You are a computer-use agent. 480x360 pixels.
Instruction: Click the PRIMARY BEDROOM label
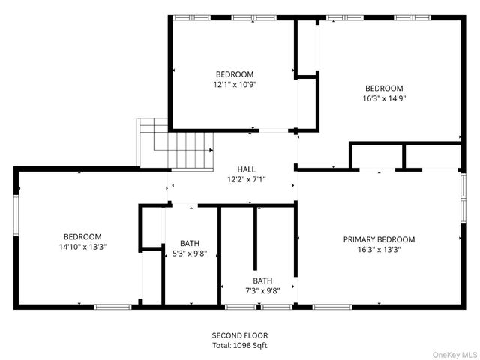point(379,239)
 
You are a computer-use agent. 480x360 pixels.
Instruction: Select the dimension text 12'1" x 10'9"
point(235,85)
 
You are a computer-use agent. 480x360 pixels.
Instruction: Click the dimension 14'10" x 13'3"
point(82,247)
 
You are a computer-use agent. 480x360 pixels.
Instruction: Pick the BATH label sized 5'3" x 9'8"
point(190,242)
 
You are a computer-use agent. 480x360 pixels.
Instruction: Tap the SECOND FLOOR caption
point(240,335)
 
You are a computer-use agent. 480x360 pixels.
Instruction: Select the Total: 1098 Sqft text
point(240,345)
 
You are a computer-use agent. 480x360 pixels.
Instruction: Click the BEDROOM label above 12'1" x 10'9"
point(235,74)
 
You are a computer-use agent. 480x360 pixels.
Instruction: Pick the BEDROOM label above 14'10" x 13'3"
point(82,236)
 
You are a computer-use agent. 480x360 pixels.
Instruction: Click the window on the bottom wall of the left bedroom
point(112,306)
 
